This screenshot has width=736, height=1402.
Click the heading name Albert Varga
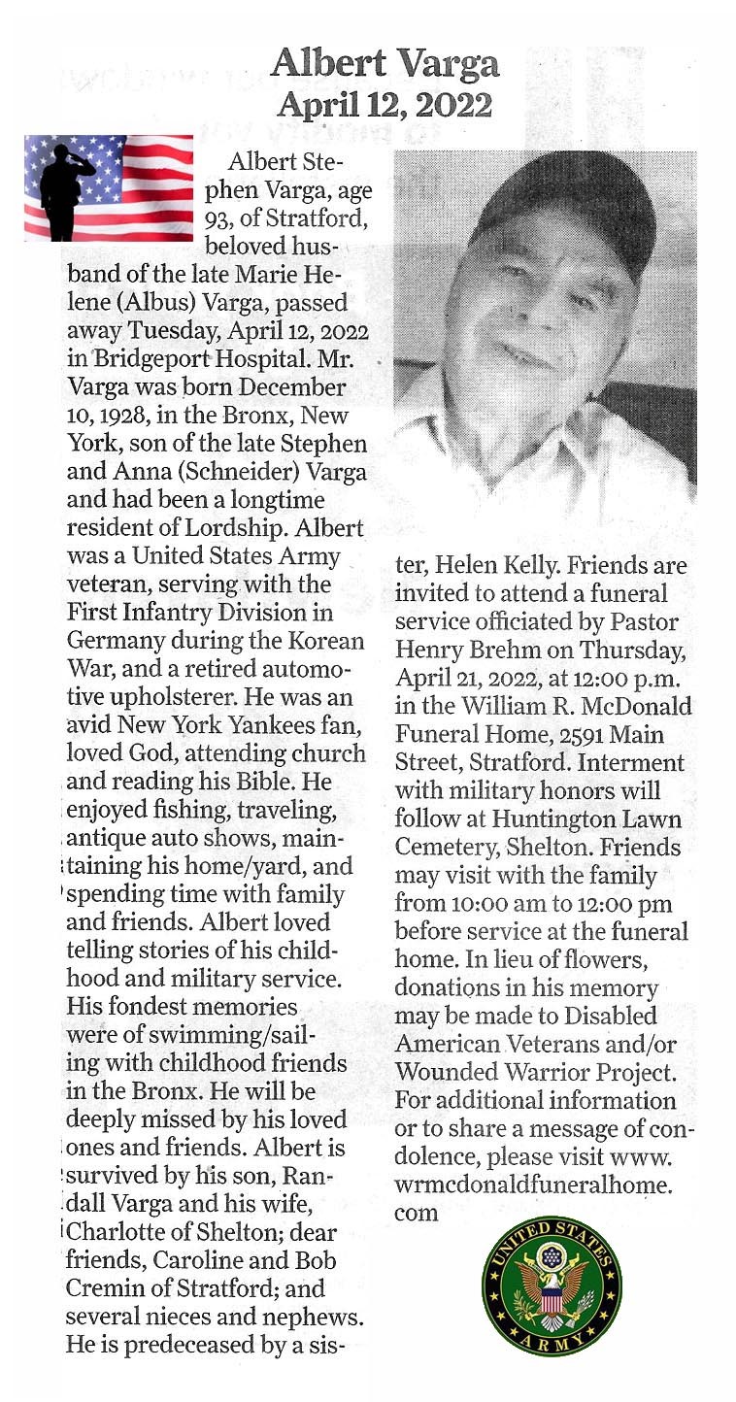(385, 64)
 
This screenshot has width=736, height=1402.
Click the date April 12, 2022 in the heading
(385, 104)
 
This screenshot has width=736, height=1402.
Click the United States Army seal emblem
(552, 1285)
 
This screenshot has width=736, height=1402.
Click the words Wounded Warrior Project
(533, 1073)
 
